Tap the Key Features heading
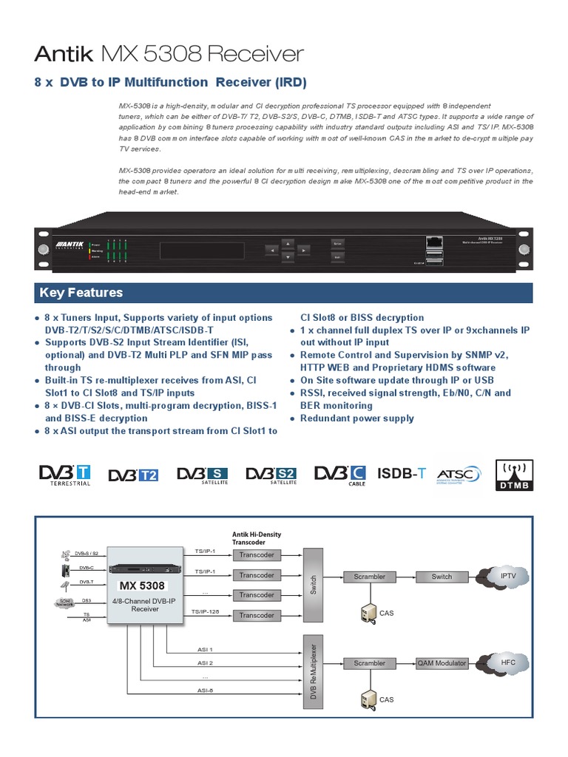click(x=81, y=292)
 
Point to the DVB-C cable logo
click(x=340, y=475)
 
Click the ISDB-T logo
click(x=402, y=473)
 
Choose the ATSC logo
click(x=459, y=475)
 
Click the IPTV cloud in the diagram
click(x=507, y=575)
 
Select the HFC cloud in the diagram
click(x=507, y=663)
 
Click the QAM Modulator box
click(x=442, y=663)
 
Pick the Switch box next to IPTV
click(x=442, y=576)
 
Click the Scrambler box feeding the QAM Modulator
click(x=370, y=663)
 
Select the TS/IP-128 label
click(x=205, y=611)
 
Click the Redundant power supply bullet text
click(x=356, y=418)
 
